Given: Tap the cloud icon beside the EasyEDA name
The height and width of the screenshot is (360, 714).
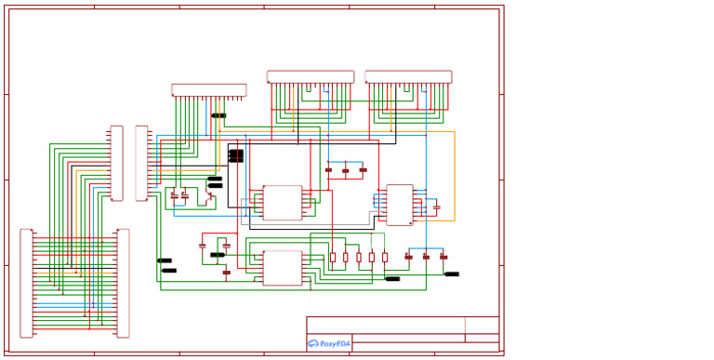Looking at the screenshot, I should [x=313, y=343].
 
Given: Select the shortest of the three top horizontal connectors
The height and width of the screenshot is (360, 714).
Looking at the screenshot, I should [x=208, y=90].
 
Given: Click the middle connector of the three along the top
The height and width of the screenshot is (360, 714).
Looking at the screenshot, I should [x=311, y=77].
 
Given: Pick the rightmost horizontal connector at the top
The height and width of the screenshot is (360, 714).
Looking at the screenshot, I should [x=408, y=77].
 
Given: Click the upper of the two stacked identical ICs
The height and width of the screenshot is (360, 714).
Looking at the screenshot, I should [x=283, y=203].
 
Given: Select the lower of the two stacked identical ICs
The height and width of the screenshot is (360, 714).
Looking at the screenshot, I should [x=283, y=268].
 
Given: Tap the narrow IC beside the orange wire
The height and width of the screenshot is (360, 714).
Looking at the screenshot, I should [x=400, y=205].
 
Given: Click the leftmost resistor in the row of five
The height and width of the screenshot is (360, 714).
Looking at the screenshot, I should [x=333, y=258].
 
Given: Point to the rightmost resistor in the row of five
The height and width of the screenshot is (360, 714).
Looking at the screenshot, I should [x=385, y=258].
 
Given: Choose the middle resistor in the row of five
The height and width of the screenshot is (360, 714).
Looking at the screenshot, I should [x=359, y=258].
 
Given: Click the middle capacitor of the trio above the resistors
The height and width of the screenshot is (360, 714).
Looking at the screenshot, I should [x=346, y=170].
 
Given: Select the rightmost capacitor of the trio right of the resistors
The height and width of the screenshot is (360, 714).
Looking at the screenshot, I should [x=443, y=257].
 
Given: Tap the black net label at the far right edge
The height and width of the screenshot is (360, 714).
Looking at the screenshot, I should [x=452, y=274].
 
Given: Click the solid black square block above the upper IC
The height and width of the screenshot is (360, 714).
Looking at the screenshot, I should [x=236, y=155].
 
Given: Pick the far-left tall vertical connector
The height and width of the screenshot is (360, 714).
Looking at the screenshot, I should [x=26, y=283].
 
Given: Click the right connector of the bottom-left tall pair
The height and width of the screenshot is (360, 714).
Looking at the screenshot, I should [x=123, y=283].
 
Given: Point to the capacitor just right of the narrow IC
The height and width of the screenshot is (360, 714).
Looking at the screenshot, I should [x=436, y=207].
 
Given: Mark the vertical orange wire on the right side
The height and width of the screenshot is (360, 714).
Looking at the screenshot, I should [x=455, y=176].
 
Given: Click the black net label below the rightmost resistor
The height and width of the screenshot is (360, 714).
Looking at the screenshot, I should [x=392, y=278].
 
